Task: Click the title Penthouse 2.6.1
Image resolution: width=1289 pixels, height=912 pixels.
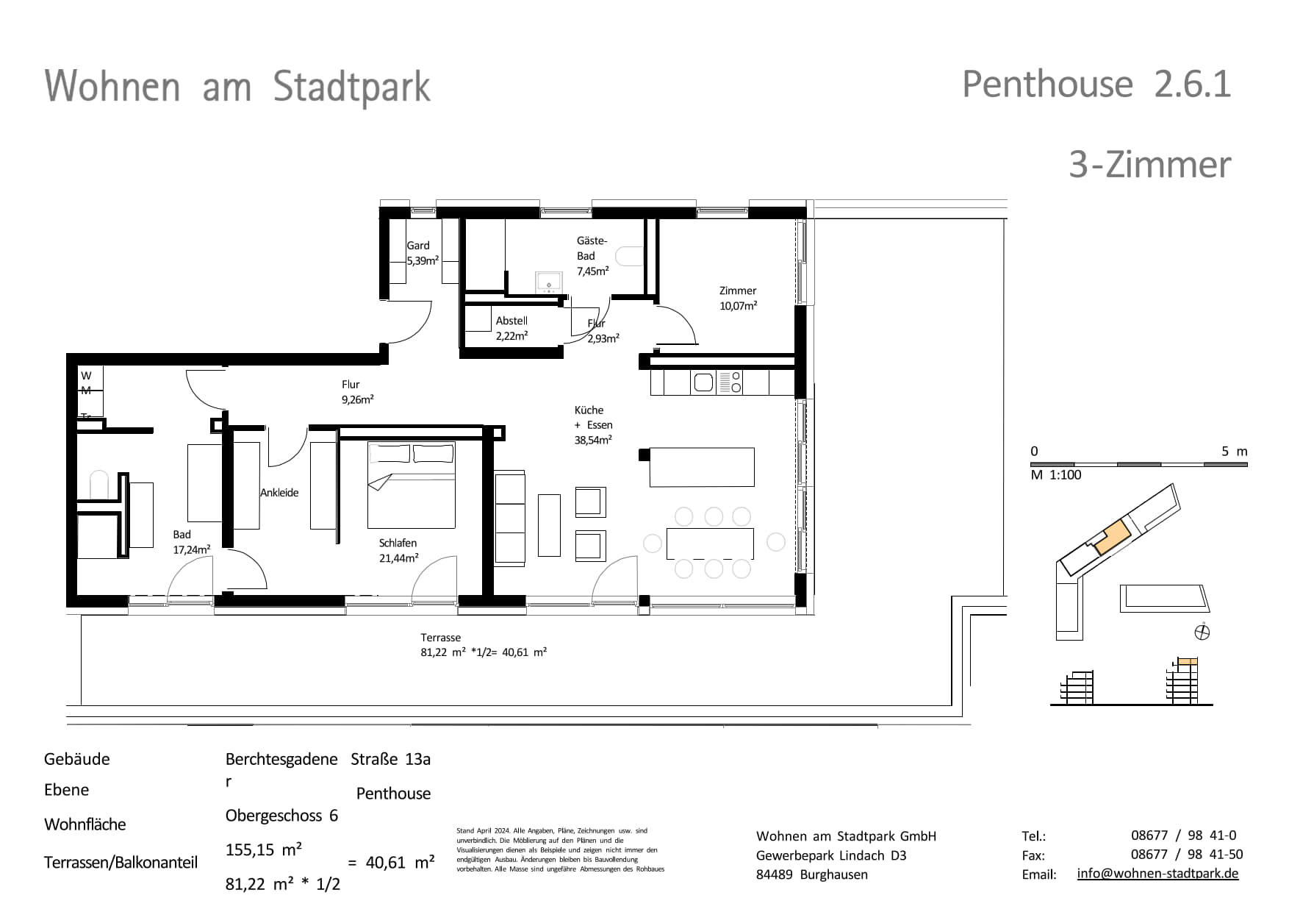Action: [x=1096, y=85]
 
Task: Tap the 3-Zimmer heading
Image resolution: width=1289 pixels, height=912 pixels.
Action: [x=1149, y=165]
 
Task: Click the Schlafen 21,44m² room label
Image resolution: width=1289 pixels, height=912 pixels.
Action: [x=398, y=550]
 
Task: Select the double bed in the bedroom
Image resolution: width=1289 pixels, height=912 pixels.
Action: [x=412, y=485]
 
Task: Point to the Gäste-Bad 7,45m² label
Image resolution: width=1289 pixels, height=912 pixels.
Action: [x=592, y=256]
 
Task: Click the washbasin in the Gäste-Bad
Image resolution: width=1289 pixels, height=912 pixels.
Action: [x=548, y=282]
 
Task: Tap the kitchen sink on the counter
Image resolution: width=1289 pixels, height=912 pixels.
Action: [x=703, y=382]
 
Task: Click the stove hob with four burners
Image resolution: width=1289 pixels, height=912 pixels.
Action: [x=730, y=382]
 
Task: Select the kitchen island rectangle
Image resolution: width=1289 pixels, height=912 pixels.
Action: [x=702, y=467]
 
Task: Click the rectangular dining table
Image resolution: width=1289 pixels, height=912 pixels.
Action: [x=710, y=544]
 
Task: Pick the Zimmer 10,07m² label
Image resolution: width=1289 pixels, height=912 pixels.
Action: [x=738, y=298]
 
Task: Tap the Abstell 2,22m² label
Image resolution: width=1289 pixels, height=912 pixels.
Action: [x=511, y=328]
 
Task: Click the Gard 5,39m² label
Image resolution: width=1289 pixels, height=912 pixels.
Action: [x=422, y=253]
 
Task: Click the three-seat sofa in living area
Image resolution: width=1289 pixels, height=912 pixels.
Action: [x=510, y=519]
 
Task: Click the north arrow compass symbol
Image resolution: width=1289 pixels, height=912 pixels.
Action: [x=1202, y=632]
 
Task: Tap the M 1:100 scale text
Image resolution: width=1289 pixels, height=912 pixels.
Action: [x=1055, y=475]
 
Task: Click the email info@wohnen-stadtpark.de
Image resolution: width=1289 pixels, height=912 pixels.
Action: [x=1157, y=874]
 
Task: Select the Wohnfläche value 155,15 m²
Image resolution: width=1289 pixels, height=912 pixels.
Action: [x=263, y=850]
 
